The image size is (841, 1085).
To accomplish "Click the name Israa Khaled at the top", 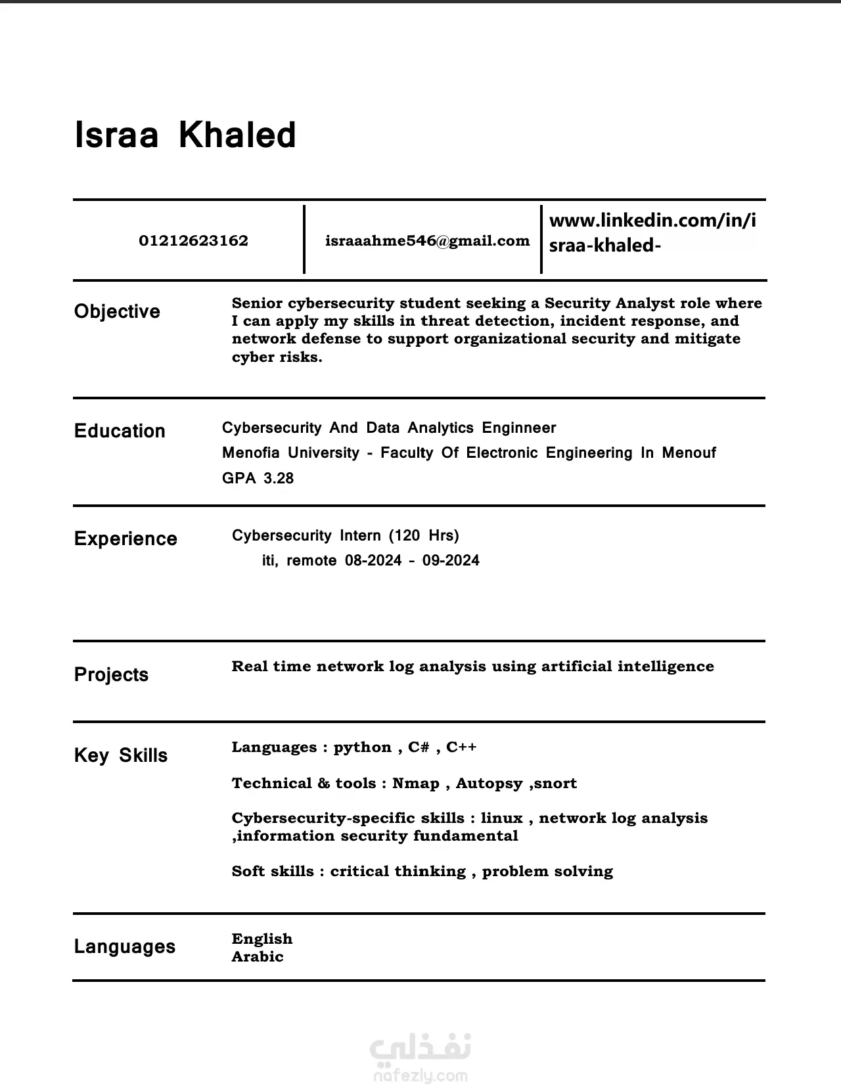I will click(185, 135).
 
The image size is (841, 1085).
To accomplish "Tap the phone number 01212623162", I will click(193, 241).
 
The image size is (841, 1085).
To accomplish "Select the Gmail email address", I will click(427, 241).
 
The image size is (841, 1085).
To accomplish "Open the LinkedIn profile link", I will click(652, 232).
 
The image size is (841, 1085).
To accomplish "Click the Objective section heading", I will click(117, 311).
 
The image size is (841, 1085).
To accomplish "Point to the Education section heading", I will click(120, 431).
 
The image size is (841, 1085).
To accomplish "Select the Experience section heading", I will click(125, 539).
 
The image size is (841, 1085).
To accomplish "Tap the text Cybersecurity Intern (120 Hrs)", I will click(345, 535).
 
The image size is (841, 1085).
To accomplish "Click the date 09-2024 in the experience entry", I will click(451, 560).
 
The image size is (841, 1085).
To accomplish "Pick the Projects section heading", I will click(111, 675).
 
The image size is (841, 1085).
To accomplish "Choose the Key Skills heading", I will click(120, 755).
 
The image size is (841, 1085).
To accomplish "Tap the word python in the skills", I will click(362, 747).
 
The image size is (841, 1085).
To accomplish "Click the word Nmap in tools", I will click(415, 783).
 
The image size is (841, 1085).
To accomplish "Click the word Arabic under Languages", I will click(258, 956).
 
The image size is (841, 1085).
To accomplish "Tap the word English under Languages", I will click(261, 939).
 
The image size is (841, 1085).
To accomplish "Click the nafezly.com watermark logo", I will click(420, 1058).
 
